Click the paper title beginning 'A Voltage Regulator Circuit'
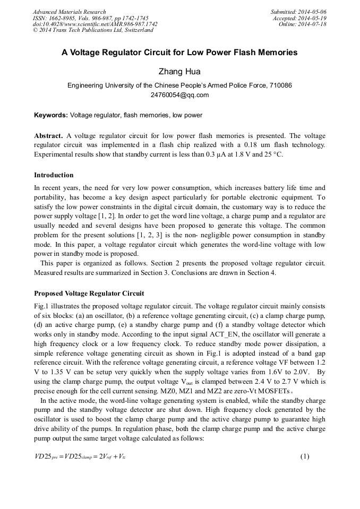[x=179, y=53]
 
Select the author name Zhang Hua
[x=179, y=72]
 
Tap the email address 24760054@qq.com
[x=179, y=95]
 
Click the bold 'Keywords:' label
[x=51, y=115]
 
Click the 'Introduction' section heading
[x=54, y=175]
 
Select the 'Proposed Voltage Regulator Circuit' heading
[x=89, y=293]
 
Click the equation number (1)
[x=304, y=456]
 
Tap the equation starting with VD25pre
[x=80, y=456]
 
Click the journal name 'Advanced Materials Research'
[x=69, y=12]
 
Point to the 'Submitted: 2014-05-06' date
[x=298, y=12]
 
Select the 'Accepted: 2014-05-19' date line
[x=299, y=18]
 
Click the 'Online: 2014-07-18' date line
[x=302, y=24]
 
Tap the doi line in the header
[x=95, y=24]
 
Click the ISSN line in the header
[x=90, y=18]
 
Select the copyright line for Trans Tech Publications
[x=93, y=30]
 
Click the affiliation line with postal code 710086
[x=179, y=85]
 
